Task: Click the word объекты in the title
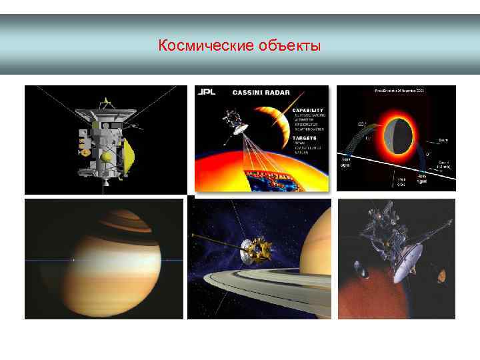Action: coord(289,46)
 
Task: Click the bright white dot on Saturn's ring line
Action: coord(73,259)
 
